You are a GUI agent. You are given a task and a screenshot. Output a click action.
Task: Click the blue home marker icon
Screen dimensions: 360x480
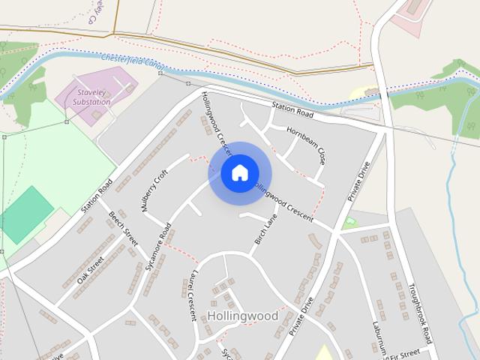point(239,173)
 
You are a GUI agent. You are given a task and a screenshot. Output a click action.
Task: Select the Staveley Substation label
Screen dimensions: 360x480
point(93,97)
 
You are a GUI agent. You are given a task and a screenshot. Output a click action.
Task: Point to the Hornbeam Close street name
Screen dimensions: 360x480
point(305,144)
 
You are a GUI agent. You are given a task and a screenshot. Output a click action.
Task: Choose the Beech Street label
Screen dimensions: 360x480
point(123,229)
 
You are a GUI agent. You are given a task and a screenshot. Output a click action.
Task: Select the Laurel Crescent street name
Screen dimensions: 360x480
point(190,295)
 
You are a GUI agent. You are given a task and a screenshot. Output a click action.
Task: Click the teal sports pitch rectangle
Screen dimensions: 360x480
point(27,214)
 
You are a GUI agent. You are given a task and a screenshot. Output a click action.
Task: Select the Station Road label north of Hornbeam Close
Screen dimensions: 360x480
point(292,111)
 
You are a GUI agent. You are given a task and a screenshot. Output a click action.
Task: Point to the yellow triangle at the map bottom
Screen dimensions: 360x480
point(323,353)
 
